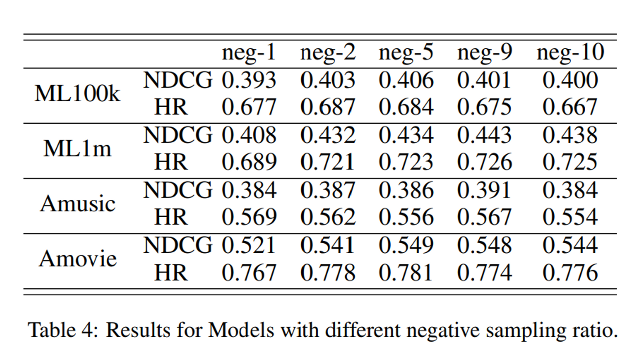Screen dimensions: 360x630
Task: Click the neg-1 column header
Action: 249,53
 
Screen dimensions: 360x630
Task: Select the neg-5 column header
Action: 406,53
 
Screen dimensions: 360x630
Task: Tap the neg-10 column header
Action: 570,53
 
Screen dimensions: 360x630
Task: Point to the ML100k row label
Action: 78,94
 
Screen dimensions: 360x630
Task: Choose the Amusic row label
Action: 78,203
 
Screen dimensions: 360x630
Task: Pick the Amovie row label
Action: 78,259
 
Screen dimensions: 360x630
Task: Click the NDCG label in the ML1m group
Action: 178,136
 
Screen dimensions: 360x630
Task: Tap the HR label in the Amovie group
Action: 171,273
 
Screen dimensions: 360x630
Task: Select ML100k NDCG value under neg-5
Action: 406,81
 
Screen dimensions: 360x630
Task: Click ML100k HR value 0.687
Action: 327,108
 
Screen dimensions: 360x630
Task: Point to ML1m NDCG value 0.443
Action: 484,136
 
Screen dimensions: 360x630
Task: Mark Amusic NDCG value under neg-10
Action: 570,190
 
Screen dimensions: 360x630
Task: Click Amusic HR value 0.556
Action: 406,218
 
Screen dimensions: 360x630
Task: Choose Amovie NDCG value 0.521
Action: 249,245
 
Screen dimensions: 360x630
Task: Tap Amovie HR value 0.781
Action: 406,273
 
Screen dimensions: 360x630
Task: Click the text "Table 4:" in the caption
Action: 63,329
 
